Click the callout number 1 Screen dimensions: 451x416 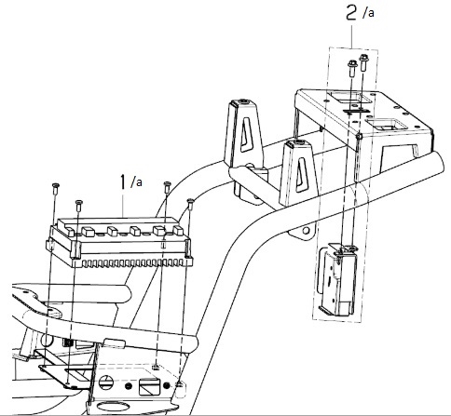click(124, 181)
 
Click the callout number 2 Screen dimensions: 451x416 click(351, 13)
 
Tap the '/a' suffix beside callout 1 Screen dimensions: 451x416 click(136, 181)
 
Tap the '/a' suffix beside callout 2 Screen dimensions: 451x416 click(368, 12)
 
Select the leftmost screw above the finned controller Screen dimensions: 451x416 click(56, 189)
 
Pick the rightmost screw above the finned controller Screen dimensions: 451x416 click(190, 205)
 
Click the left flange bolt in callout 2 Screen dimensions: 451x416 click(352, 69)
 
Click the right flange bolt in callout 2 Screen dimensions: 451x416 click(364, 62)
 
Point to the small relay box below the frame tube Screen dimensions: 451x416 click(337, 279)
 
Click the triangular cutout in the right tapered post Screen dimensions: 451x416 click(300, 175)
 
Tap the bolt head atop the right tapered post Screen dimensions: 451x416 click(299, 142)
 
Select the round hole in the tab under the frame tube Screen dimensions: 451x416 click(307, 231)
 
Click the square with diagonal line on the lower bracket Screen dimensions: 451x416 click(149, 386)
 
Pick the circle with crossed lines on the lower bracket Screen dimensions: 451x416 click(106, 382)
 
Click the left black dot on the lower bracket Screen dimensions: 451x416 click(128, 386)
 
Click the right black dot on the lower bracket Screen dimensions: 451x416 click(167, 385)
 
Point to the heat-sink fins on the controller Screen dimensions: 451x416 click(131, 263)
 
